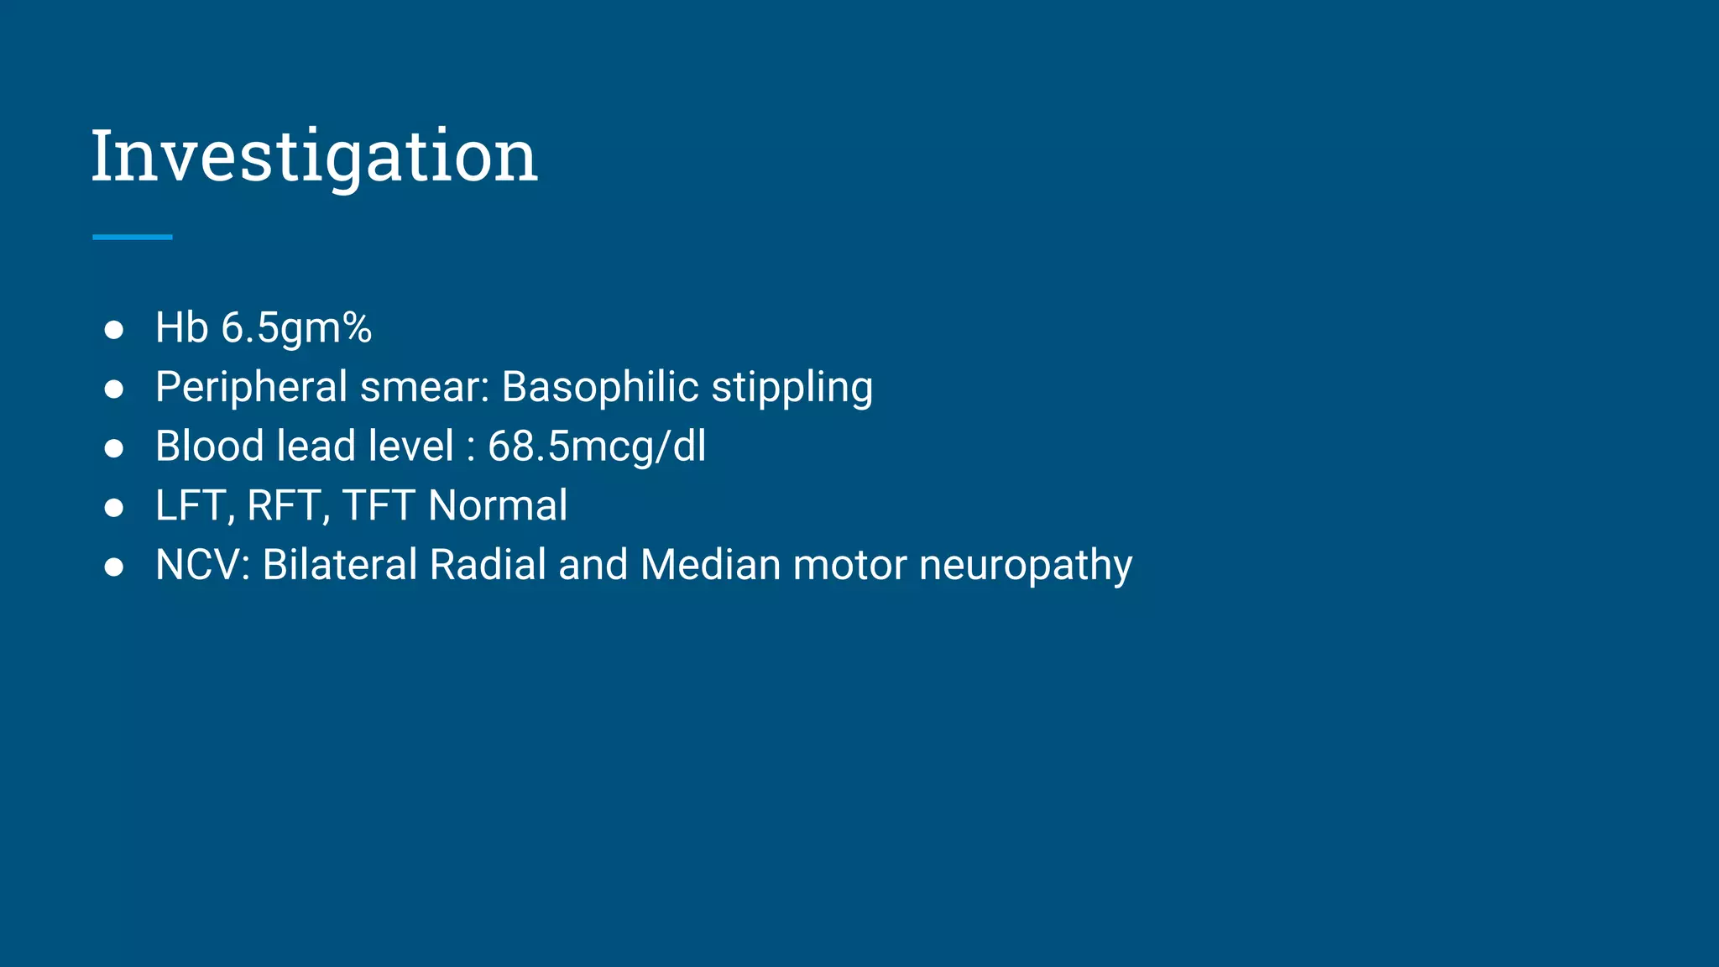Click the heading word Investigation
point(314,157)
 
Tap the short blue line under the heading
point(132,238)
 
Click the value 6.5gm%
point(295,328)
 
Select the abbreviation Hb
point(181,327)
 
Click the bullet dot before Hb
point(114,330)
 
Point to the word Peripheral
point(251,388)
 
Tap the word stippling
point(792,389)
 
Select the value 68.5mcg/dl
point(597,447)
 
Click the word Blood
point(209,446)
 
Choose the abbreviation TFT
point(379,506)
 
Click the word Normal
point(498,505)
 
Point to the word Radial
point(488,564)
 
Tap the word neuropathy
point(1025,566)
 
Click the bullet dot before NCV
point(114,567)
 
